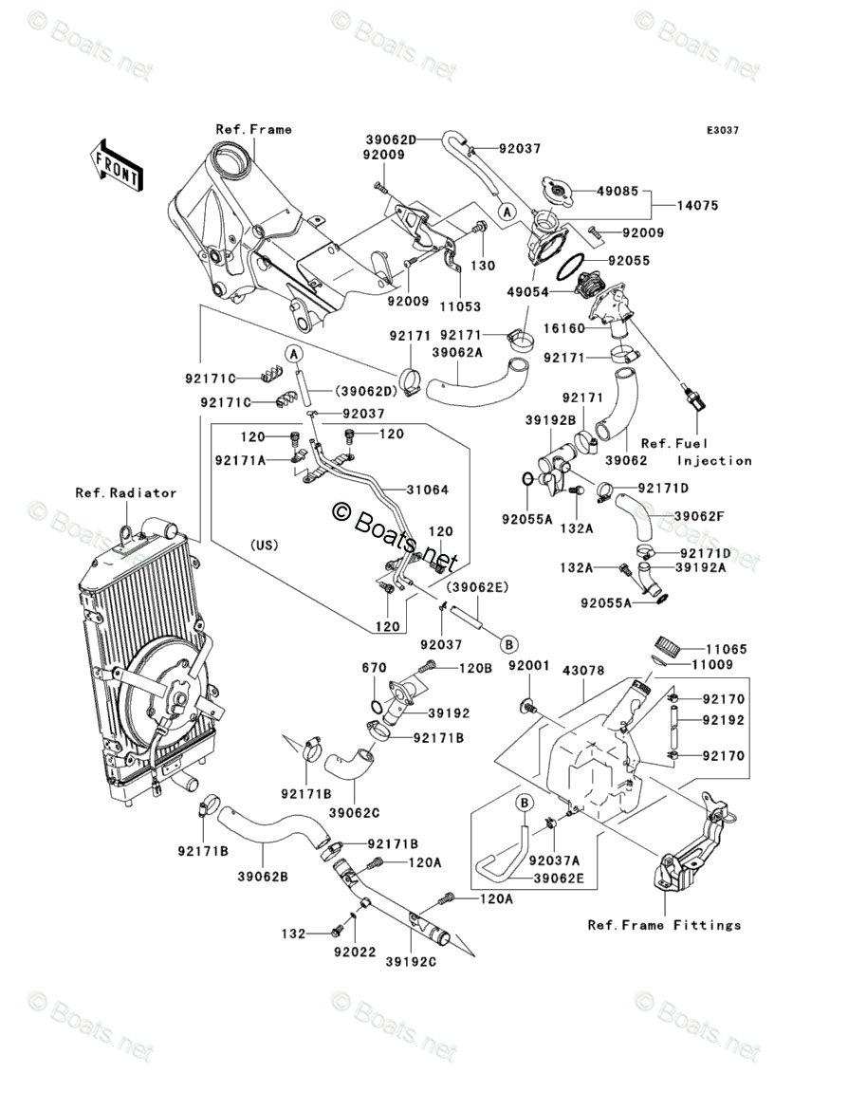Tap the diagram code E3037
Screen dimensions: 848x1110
coord(723,130)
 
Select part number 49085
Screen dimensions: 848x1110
coord(618,191)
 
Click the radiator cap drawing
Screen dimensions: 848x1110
coord(560,188)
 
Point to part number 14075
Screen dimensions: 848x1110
coord(698,205)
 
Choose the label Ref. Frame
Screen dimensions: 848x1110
coord(253,129)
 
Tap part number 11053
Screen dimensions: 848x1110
coord(460,306)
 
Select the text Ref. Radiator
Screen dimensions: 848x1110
coord(126,492)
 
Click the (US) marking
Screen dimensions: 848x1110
coord(264,546)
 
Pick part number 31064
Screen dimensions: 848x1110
coord(428,490)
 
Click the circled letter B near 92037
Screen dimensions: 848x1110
coord(509,644)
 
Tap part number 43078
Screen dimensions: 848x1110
coord(583,670)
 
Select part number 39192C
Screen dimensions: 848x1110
coord(412,962)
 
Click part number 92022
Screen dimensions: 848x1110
coord(355,953)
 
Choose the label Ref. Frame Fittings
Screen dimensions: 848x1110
coord(665,925)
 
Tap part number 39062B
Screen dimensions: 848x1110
coord(263,877)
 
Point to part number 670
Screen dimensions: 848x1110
coord(374,668)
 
